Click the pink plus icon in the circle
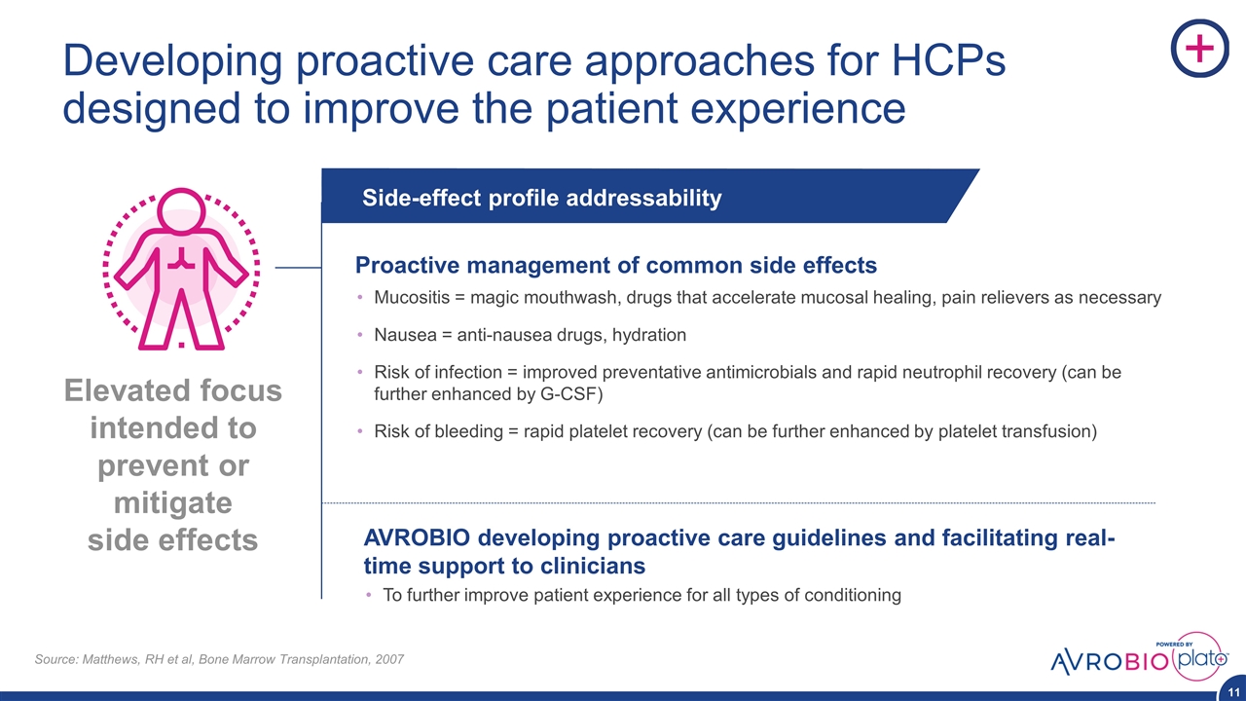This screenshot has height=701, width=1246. coord(1200,48)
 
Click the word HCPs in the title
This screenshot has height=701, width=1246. coord(948,60)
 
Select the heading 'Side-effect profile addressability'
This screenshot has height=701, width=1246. coord(542,198)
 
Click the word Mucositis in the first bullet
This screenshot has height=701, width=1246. coord(412,298)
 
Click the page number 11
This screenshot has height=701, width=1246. coord(1233,692)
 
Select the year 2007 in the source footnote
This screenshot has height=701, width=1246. coord(389,659)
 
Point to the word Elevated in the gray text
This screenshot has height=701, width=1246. coord(121,390)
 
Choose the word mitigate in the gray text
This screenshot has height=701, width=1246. coord(173,503)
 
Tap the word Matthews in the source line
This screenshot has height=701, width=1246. coord(113,659)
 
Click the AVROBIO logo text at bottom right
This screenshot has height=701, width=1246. coord(1110,661)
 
